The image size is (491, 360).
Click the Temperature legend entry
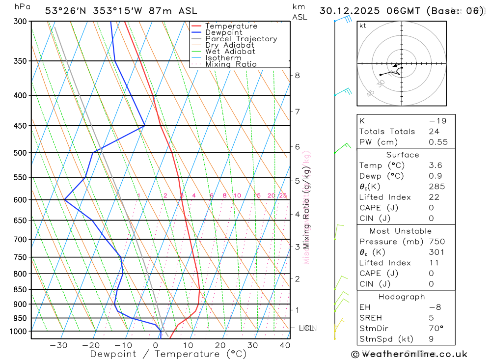[231, 26]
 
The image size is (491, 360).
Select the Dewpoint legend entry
[223, 32]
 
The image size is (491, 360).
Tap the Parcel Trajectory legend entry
[241, 39]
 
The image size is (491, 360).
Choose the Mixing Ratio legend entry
[231, 64]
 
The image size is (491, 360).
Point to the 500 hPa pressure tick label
[20, 153]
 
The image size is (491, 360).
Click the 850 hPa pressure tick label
[20, 289]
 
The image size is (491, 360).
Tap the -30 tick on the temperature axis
[59, 345]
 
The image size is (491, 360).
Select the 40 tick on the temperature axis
[285, 345]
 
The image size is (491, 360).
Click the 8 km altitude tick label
[298, 75]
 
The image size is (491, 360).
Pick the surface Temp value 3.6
[435, 166]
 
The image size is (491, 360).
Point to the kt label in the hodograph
[363, 26]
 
